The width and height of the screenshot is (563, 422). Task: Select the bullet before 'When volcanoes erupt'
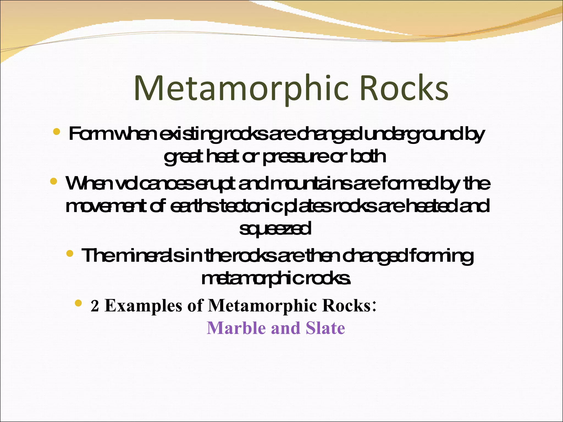click(54, 181)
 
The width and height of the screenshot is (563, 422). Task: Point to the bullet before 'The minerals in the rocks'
click(70, 253)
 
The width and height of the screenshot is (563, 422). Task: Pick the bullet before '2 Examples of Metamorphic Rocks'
click(78, 303)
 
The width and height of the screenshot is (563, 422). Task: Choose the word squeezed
click(275, 229)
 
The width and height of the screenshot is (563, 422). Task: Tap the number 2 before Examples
click(95, 306)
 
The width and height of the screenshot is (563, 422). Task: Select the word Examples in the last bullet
click(143, 306)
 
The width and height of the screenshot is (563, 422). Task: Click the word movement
click(106, 206)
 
